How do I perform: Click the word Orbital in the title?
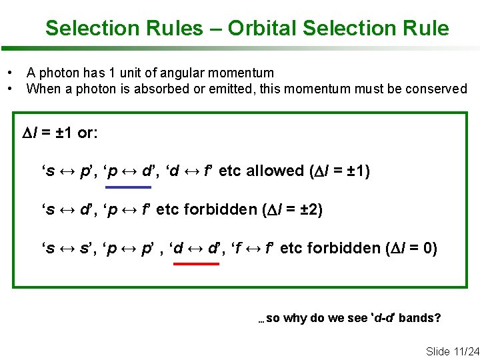tap(262, 28)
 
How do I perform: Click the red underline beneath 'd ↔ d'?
tap(195, 264)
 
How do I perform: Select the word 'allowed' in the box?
tap(275, 171)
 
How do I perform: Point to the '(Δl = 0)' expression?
tap(411, 248)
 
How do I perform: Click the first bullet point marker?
tap(10, 73)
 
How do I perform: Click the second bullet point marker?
tap(10, 89)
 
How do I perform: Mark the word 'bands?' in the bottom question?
tap(420, 317)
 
